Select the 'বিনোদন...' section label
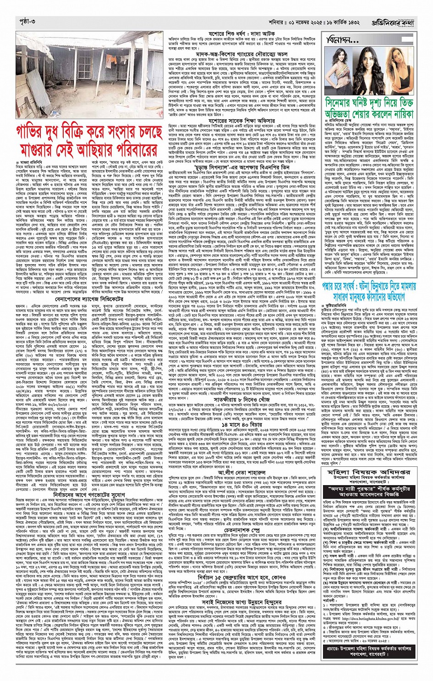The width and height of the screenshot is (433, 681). pos(343,40)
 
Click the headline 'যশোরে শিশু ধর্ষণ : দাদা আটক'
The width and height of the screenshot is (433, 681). pos(243,34)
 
